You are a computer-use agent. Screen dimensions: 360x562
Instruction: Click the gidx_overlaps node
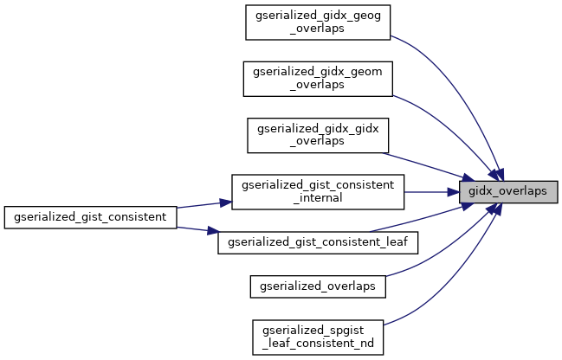(x=507, y=191)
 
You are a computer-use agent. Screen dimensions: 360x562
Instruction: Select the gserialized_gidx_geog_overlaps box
(x=319, y=22)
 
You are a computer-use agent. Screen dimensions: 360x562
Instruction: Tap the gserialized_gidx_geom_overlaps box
(x=319, y=78)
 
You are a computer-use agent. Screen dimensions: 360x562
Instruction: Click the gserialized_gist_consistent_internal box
(x=318, y=191)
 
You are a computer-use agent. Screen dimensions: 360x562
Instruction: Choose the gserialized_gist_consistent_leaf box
(x=318, y=241)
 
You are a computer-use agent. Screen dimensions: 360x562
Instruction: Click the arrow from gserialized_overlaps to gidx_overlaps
(x=442, y=247)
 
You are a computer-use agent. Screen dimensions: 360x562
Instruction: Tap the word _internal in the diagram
(x=318, y=197)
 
